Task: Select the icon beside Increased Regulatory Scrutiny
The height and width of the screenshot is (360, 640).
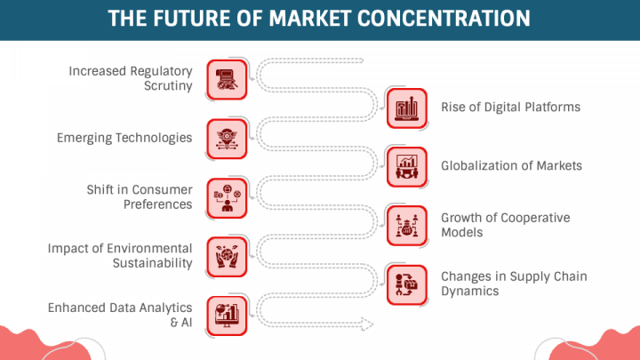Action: point(227,79)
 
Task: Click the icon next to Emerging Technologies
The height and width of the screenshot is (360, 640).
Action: point(227,138)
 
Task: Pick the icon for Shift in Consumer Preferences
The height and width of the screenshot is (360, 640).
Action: point(227,197)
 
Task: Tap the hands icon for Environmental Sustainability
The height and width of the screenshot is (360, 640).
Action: point(227,255)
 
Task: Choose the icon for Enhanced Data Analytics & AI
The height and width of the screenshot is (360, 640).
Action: point(227,314)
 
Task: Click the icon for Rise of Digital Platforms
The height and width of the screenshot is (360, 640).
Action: point(408,108)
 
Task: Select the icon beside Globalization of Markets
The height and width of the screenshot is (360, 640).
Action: point(408,165)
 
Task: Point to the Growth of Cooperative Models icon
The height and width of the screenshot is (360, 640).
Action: point(408,225)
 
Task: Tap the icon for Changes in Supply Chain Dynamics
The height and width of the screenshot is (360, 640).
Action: point(408,284)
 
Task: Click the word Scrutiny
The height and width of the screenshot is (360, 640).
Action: point(168,86)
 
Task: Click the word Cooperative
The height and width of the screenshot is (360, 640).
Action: point(538,218)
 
